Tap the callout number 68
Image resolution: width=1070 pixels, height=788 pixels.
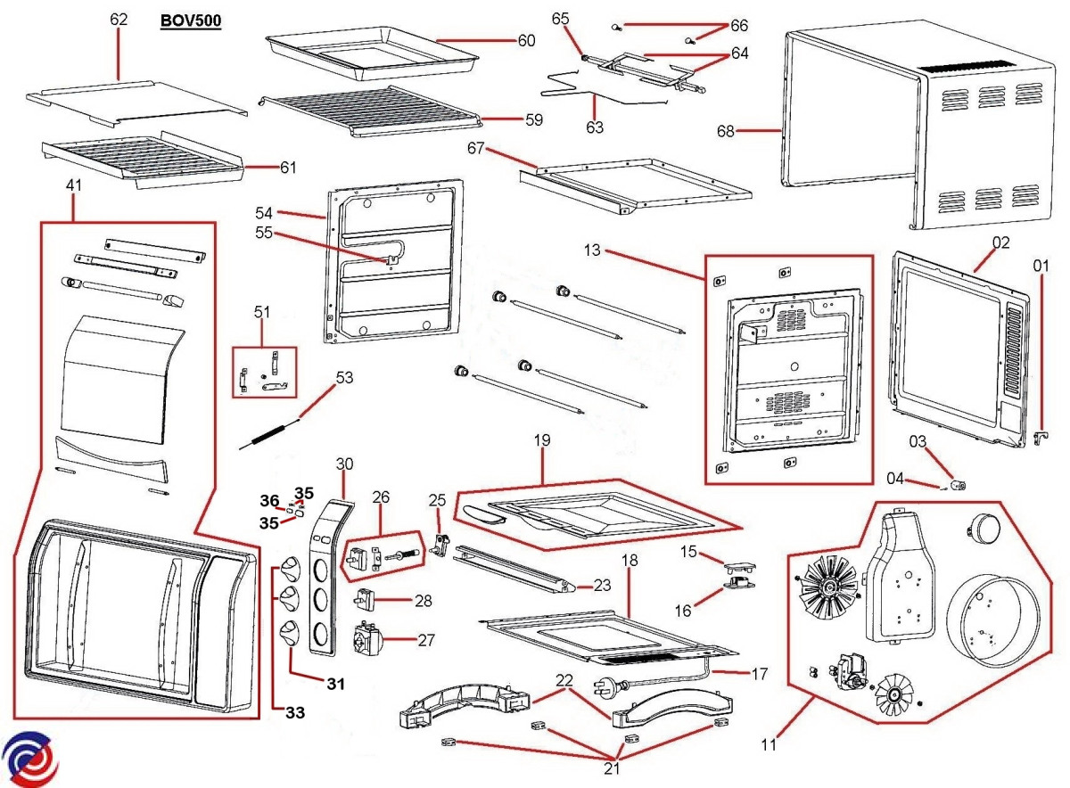[726, 132]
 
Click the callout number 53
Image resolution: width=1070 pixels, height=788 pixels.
[344, 378]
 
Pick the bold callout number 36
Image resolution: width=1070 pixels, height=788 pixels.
[269, 500]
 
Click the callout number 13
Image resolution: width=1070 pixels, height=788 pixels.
[593, 250]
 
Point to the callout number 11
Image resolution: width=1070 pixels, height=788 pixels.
[768, 743]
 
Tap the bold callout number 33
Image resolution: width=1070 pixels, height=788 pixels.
[295, 712]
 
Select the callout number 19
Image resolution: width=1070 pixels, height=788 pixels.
[543, 440]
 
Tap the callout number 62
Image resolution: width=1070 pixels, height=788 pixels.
[119, 20]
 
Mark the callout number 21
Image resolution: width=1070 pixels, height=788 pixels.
[612, 768]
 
